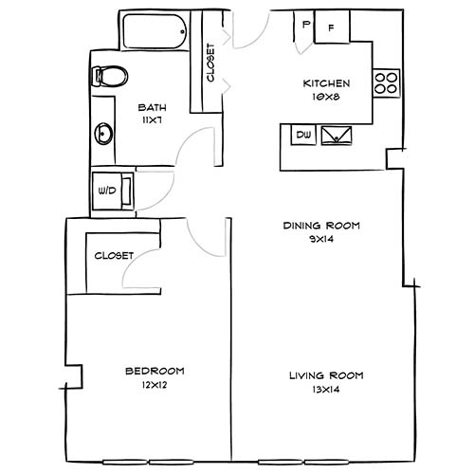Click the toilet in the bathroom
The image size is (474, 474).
[109, 76]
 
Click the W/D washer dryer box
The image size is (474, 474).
[107, 191]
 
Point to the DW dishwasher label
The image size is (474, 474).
[303, 136]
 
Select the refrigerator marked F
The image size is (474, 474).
[332, 28]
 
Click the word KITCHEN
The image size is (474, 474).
[327, 83]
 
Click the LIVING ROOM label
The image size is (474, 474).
[326, 376]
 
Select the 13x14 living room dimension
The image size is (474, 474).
[326, 390]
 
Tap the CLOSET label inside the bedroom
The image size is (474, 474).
[114, 256]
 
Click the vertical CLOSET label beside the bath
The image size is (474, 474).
[209, 63]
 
